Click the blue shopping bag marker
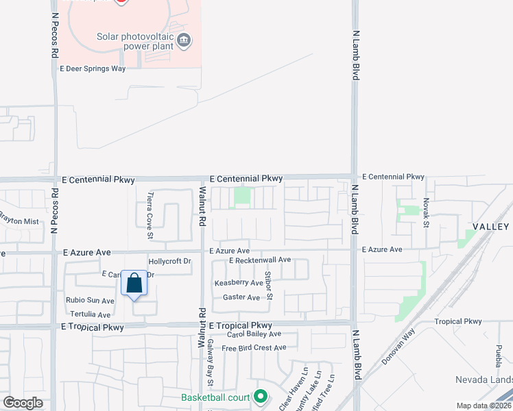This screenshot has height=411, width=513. click(x=134, y=284)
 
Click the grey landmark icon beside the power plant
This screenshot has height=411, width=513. click(x=184, y=40)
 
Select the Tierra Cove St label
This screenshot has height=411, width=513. click(x=150, y=214)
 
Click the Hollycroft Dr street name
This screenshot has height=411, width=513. click(x=169, y=261)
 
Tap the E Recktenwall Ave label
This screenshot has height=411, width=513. click(x=260, y=260)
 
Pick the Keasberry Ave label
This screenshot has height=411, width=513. click(x=239, y=283)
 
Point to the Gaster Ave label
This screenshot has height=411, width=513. click(x=241, y=297)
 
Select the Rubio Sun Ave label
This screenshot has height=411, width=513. click(x=90, y=301)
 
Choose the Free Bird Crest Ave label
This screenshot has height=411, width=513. click(x=253, y=348)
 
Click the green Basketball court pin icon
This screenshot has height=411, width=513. click(x=260, y=396)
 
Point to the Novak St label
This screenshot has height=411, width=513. click(x=426, y=213)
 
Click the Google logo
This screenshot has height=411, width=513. click(x=23, y=402)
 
